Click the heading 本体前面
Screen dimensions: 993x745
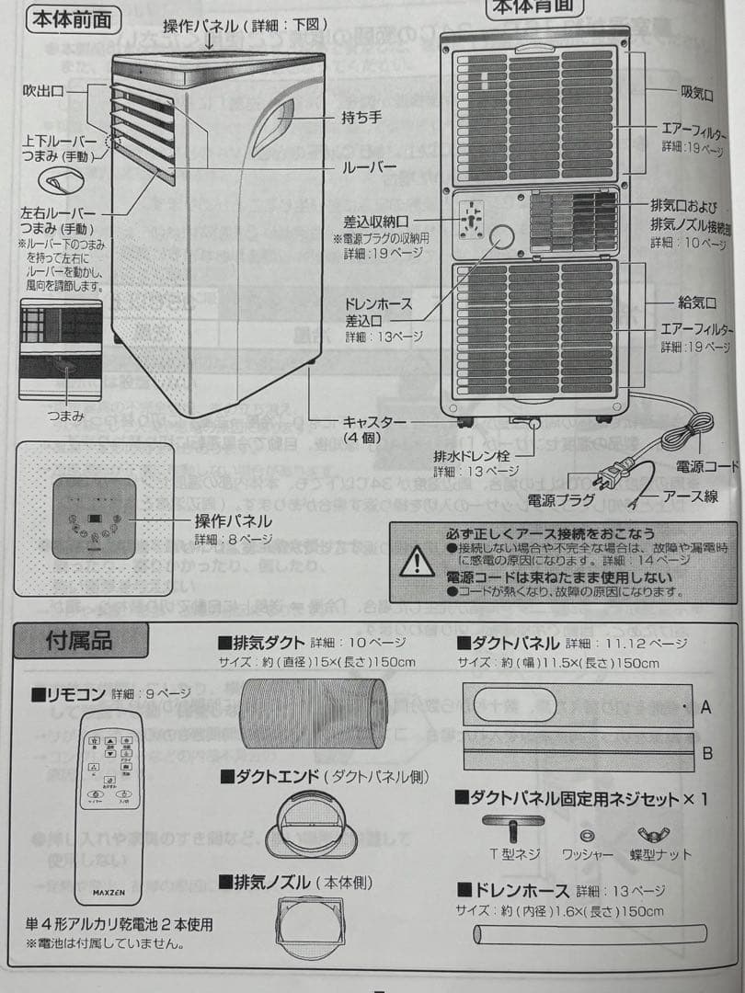76,19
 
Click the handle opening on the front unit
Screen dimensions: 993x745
273,126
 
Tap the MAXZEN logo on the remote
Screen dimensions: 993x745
110,891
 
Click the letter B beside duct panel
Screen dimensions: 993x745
706,753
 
